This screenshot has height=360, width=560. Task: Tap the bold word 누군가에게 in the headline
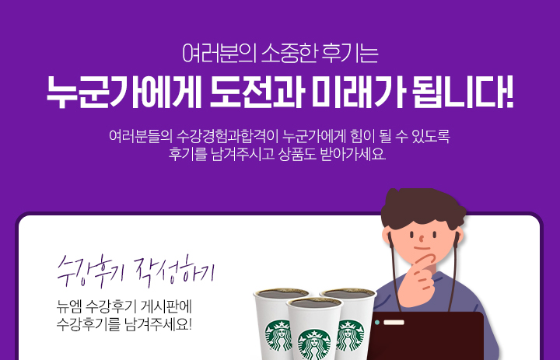pos(124,92)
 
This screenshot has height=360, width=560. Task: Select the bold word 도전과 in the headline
pos(257,92)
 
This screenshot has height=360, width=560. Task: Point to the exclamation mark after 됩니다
pos(509,92)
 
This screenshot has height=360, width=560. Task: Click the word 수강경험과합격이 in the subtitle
pos(227,136)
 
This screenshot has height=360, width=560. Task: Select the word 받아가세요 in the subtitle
pos(353,154)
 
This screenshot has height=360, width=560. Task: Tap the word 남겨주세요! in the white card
pos(159,324)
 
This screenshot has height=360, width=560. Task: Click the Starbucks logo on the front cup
pos(314,345)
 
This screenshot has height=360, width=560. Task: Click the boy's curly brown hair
pos(423,206)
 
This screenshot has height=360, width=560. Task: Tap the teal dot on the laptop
pos(377,323)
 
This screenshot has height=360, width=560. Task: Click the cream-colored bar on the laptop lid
pos(394,323)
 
